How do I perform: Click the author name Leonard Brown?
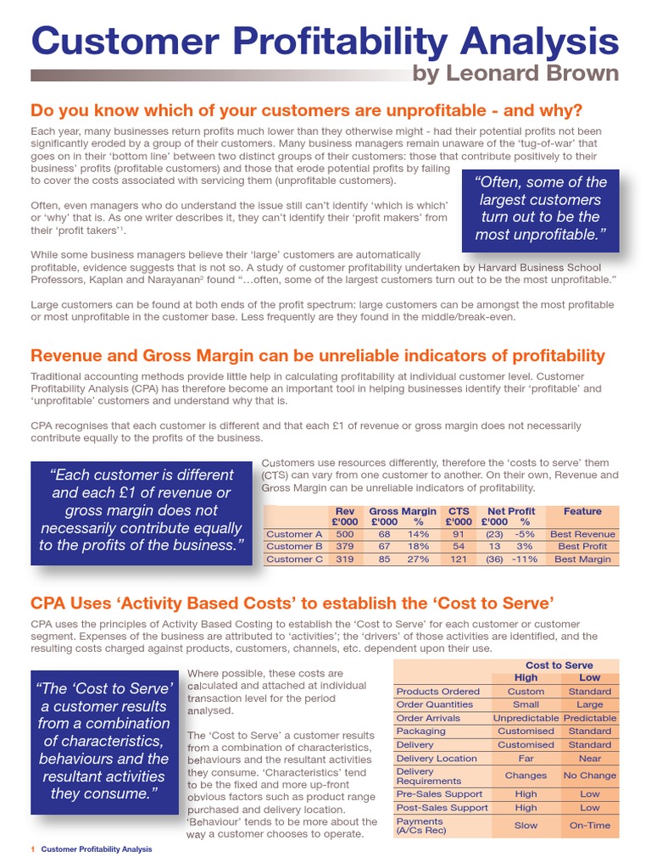(x=515, y=73)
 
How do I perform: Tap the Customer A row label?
(x=294, y=535)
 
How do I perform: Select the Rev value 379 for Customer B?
(x=345, y=547)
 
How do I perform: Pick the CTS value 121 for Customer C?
(x=458, y=559)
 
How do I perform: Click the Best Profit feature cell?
(x=582, y=547)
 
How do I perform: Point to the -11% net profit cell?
(x=525, y=559)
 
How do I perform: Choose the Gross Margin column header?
(x=403, y=511)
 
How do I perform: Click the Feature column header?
(x=582, y=511)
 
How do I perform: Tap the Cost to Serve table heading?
(x=559, y=665)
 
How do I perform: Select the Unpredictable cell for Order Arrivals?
(x=526, y=718)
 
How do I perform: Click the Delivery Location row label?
(x=437, y=759)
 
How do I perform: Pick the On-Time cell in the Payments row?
(x=590, y=825)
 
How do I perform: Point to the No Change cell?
(x=590, y=776)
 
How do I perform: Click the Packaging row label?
(x=420, y=731)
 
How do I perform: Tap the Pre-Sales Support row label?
(x=439, y=794)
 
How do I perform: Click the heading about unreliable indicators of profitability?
(x=318, y=353)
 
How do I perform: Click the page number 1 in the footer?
(x=32, y=849)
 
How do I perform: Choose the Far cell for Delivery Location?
(x=526, y=759)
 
